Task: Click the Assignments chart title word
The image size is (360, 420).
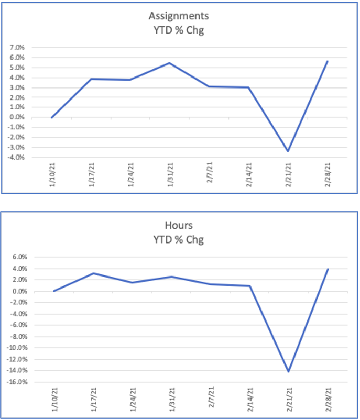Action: pos(180,17)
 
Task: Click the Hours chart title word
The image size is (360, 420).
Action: pos(180,226)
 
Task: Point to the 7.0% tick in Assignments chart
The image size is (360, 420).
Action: pos(18,48)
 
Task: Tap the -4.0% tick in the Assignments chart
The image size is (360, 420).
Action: pos(17,157)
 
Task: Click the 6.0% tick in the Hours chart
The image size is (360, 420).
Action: pos(18,258)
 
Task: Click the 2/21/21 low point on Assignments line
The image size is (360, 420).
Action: pos(288,151)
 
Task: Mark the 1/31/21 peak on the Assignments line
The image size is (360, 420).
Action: pos(170,63)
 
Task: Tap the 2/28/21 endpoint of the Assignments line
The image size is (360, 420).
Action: pos(328,61)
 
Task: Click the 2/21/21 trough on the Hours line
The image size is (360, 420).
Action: pos(288,372)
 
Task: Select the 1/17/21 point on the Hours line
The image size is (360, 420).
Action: pos(93,273)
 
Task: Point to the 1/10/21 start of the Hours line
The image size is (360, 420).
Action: pos(53,291)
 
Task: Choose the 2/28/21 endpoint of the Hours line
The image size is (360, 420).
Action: pos(328,269)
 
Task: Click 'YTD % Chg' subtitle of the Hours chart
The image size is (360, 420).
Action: pos(180,240)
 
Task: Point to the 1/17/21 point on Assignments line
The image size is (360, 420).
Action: pos(92,79)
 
